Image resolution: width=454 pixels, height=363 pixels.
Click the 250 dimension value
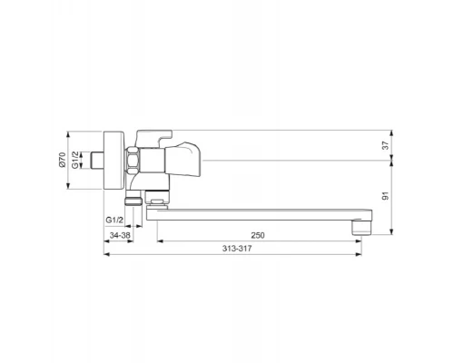[x=258, y=235]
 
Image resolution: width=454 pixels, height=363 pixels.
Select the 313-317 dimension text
[x=237, y=249]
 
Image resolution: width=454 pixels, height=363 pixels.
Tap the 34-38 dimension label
[x=120, y=235]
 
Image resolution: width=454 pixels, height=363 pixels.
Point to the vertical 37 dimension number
[x=385, y=145]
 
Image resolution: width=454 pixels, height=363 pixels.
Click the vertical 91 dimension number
[x=385, y=196]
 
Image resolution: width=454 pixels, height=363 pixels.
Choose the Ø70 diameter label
[x=62, y=160]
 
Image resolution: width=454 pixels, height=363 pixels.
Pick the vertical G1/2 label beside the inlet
[x=75, y=160]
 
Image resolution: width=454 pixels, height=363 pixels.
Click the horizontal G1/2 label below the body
[x=114, y=220]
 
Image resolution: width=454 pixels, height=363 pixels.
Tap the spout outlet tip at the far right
[x=362, y=228]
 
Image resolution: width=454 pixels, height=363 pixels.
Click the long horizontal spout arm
[x=259, y=214]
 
